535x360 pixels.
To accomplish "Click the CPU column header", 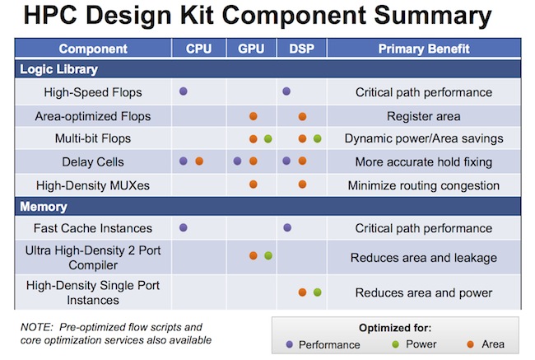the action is tap(198, 49).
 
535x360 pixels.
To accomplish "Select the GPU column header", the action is tap(251, 49).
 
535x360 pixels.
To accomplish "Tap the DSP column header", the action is tap(301, 49).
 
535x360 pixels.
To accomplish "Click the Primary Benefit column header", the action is tap(424, 49).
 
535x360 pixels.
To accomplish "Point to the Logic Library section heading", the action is tap(58, 69).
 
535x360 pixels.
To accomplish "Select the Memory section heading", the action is tap(44, 207).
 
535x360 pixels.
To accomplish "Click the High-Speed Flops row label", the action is tap(93, 92).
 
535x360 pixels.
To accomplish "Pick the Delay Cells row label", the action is tap(93, 161).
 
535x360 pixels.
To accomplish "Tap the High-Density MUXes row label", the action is tap(93, 185).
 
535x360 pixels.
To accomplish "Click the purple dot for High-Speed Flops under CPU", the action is tap(184, 91).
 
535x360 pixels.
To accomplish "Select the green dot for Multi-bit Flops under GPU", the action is tap(268, 138).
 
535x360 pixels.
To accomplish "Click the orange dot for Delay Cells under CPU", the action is tap(199, 161).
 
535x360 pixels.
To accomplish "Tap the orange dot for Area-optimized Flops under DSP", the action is tap(302, 116).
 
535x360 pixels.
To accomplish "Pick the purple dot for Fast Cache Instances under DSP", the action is tap(287, 227).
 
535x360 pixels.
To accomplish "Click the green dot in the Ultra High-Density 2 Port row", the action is tap(268, 255).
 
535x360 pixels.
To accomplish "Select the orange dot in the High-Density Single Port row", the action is tap(302, 292).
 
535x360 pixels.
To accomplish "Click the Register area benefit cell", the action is tap(423, 116).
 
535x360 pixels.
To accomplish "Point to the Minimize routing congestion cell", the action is tap(423, 185).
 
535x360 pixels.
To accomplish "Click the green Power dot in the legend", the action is tap(395, 344).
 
